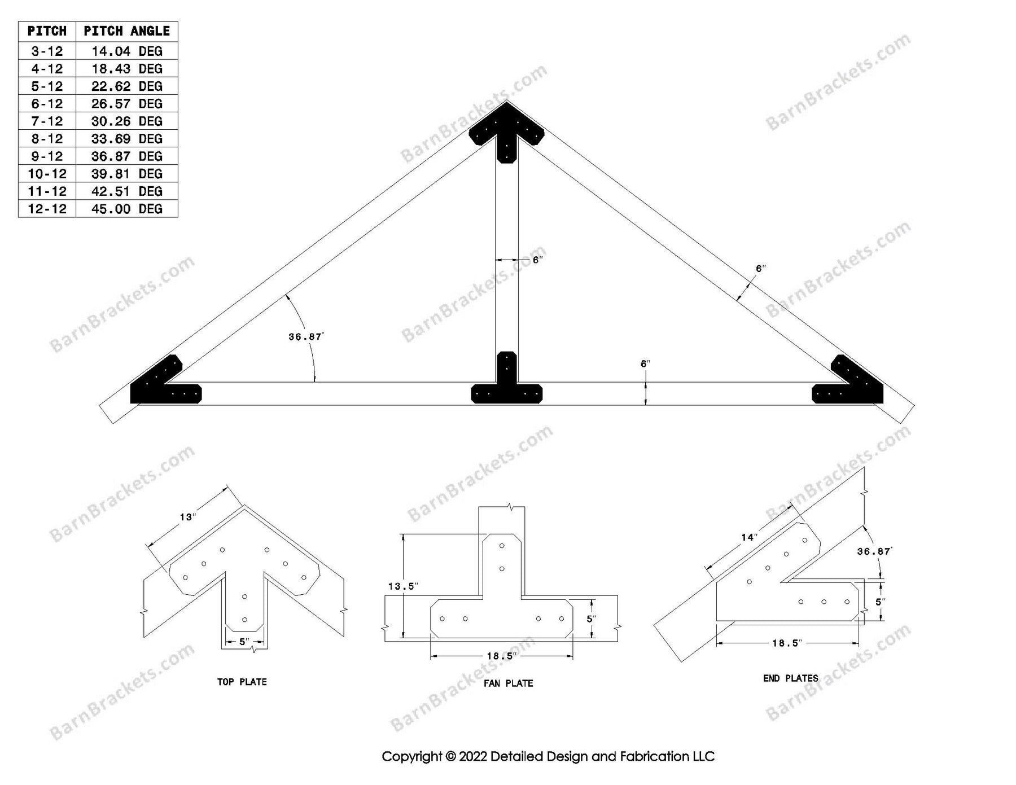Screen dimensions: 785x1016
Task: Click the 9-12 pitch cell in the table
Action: point(47,156)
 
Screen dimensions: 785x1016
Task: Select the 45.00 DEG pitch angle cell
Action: point(126,209)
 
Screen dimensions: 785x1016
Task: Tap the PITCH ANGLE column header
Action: point(126,31)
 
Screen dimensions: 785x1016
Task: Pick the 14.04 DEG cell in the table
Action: point(126,51)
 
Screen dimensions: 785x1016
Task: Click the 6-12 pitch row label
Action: point(47,104)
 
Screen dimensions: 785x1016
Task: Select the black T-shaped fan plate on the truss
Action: point(506,387)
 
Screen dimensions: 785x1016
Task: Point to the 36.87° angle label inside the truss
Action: point(305,337)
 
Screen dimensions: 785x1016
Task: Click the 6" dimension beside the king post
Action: point(537,260)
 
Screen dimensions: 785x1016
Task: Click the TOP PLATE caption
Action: point(242,682)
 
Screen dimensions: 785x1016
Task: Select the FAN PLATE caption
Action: point(508,683)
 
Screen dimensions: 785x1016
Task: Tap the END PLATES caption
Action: point(790,678)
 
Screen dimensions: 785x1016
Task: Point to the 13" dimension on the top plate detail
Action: point(187,517)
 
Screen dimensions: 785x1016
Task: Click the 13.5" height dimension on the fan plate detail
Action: point(402,586)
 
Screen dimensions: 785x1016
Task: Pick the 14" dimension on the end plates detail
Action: point(749,537)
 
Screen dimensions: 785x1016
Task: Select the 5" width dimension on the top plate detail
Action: point(244,642)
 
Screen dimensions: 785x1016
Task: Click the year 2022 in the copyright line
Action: point(473,756)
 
